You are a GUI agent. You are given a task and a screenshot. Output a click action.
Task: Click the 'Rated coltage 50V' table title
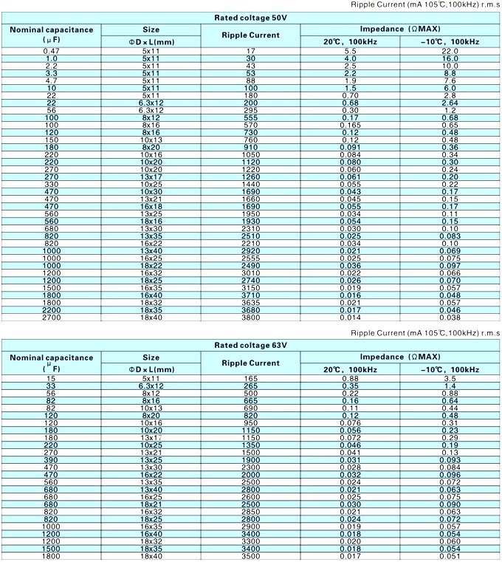tap(250, 17)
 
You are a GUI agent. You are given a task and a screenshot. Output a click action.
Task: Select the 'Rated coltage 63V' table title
tap(250, 345)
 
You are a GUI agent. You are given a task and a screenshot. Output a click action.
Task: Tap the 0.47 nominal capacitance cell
tap(52, 50)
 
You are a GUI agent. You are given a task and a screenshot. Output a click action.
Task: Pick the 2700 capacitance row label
tap(52, 318)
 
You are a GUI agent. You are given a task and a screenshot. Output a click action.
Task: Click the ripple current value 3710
tap(250, 294)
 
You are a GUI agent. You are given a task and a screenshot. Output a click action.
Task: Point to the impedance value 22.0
tap(450, 50)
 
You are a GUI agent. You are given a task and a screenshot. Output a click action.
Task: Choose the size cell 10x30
tap(151, 191)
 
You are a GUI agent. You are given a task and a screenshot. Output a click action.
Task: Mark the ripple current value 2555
tap(250, 258)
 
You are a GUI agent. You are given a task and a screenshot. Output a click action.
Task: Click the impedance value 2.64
tap(450, 103)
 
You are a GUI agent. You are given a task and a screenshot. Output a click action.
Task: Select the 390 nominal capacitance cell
tap(52, 459)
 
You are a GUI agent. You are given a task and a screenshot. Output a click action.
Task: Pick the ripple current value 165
tap(250, 379)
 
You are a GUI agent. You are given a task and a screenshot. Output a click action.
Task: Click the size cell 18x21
tap(151, 504)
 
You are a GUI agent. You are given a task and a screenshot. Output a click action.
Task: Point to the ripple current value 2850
tap(250, 511)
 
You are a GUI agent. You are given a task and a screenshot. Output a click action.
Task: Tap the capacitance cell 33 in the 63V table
tap(52, 385)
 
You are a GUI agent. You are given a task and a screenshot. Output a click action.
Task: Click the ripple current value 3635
tap(250, 303)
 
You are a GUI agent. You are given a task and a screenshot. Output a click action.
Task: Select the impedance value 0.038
tap(450, 318)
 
